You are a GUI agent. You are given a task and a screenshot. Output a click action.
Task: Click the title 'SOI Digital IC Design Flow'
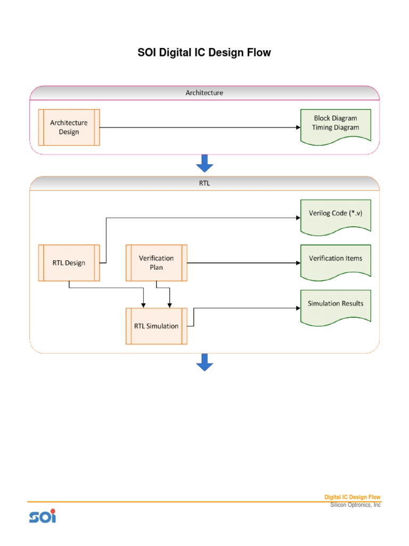204,53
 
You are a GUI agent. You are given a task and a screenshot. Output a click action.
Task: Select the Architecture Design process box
69,127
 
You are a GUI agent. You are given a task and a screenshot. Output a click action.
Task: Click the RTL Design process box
69,262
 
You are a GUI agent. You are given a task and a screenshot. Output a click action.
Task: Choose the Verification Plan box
156,262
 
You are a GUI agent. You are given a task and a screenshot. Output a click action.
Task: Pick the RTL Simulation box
156,326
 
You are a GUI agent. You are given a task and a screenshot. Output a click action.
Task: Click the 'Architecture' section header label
204,93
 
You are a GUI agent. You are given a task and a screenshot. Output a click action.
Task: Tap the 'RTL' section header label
204,183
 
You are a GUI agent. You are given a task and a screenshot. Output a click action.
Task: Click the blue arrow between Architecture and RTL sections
204,163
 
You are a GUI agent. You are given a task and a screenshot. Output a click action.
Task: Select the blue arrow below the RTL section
204,363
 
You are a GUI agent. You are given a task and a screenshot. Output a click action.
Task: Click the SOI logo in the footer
42,516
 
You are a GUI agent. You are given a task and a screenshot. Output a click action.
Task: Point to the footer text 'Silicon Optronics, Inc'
355,505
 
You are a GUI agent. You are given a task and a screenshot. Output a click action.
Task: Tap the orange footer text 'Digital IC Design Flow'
353,497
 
